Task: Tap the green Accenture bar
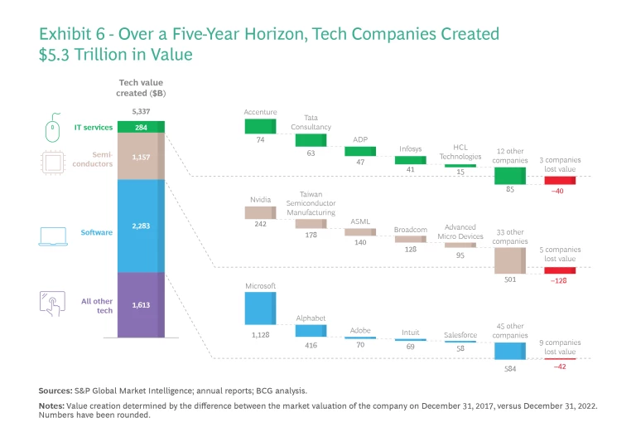click(261, 126)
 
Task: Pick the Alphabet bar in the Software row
click(311, 331)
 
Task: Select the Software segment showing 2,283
click(141, 226)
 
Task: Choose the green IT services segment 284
click(141, 127)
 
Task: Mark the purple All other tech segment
click(141, 305)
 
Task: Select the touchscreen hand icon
click(51, 304)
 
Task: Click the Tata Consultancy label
click(311, 122)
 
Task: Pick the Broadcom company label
click(410, 228)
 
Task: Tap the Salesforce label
click(460, 335)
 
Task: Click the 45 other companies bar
click(510, 351)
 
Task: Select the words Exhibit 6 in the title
click(73, 34)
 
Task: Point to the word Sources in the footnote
click(55, 390)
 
